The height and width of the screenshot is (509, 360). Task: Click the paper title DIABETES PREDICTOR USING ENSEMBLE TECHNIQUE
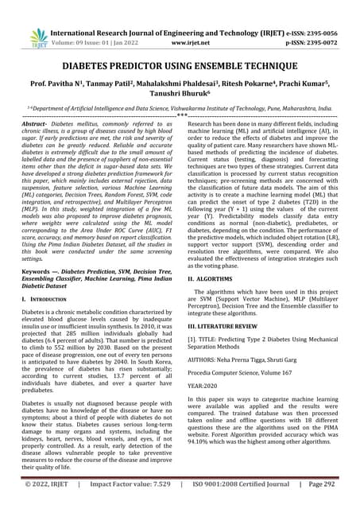pos(180,68)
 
